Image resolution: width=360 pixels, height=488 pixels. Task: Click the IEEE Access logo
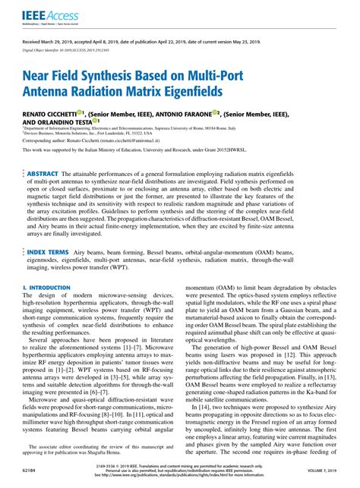(42, 14)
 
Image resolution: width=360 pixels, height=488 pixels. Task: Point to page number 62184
(28, 471)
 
